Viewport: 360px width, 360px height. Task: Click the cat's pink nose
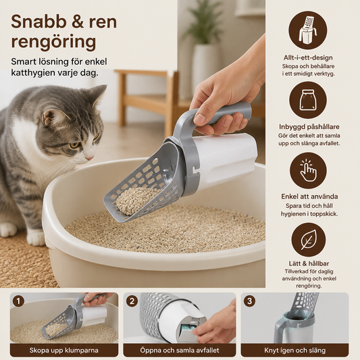point(90,158)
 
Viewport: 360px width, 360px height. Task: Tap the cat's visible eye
point(74,145)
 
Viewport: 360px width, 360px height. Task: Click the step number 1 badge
point(18,301)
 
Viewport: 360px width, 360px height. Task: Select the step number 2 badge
point(132,301)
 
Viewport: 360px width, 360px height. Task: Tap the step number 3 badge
point(249,301)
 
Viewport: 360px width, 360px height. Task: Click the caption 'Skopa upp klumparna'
point(63,351)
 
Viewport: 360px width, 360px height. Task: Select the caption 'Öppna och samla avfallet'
point(180,351)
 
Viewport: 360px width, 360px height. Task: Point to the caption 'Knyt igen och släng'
point(294,351)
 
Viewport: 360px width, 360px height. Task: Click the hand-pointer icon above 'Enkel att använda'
point(308,170)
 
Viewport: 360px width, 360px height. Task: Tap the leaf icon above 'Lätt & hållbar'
point(309,240)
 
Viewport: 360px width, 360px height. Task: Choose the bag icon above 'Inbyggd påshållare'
point(308,100)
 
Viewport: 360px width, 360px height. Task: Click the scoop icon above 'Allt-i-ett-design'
point(307,31)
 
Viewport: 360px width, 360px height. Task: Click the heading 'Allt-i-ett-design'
point(308,57)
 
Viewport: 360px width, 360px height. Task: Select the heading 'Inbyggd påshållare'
point(309,127)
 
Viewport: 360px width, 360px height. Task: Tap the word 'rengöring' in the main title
point(53,43)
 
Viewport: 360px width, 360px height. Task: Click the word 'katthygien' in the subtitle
point(31,73)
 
